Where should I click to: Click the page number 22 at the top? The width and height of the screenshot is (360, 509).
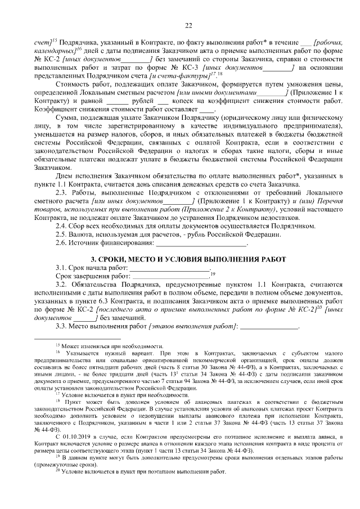[x=188, y=24]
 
